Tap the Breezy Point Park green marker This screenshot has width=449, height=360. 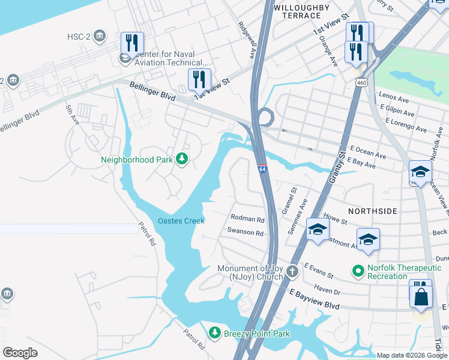(215, 332)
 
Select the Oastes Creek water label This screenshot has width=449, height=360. (181, 221)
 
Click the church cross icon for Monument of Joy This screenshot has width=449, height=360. (292, 272)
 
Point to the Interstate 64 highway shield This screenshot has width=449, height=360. (262, 170)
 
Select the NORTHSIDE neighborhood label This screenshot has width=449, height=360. (372, 211)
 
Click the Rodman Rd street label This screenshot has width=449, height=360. (247, 220)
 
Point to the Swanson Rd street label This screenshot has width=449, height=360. (245, 232)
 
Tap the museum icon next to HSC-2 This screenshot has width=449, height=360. (100, 37)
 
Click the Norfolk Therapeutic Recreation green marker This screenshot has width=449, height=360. (358, 272)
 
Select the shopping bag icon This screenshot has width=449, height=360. (421, 297)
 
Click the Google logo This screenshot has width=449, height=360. (20, 353)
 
